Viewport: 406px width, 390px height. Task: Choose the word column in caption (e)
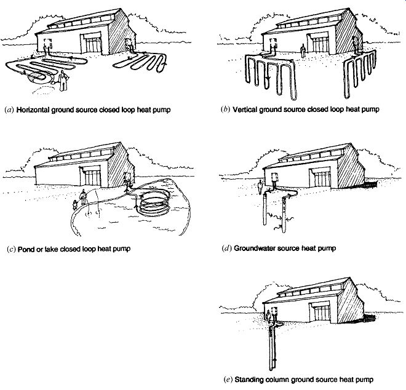[276, 379]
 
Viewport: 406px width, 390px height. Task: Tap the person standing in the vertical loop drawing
[301, 49]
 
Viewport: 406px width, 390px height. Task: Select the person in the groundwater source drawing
[260, 185]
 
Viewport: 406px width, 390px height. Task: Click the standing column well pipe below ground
[271, 344]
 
